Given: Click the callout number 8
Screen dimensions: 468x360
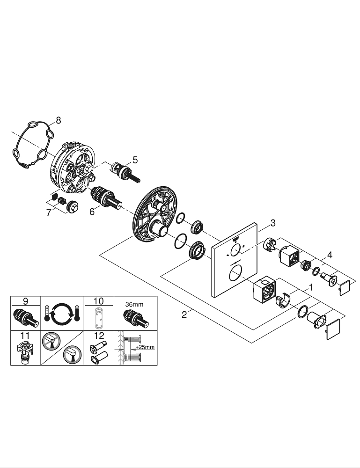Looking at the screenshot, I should point(58,120).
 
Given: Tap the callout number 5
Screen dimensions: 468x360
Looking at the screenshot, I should point(135,160).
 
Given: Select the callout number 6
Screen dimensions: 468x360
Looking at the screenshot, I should point(92,212).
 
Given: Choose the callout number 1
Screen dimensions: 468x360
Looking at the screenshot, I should point(309,286).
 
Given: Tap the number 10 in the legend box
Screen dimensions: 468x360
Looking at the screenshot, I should point(98,301).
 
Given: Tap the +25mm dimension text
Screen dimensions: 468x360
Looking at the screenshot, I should point(145,347).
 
